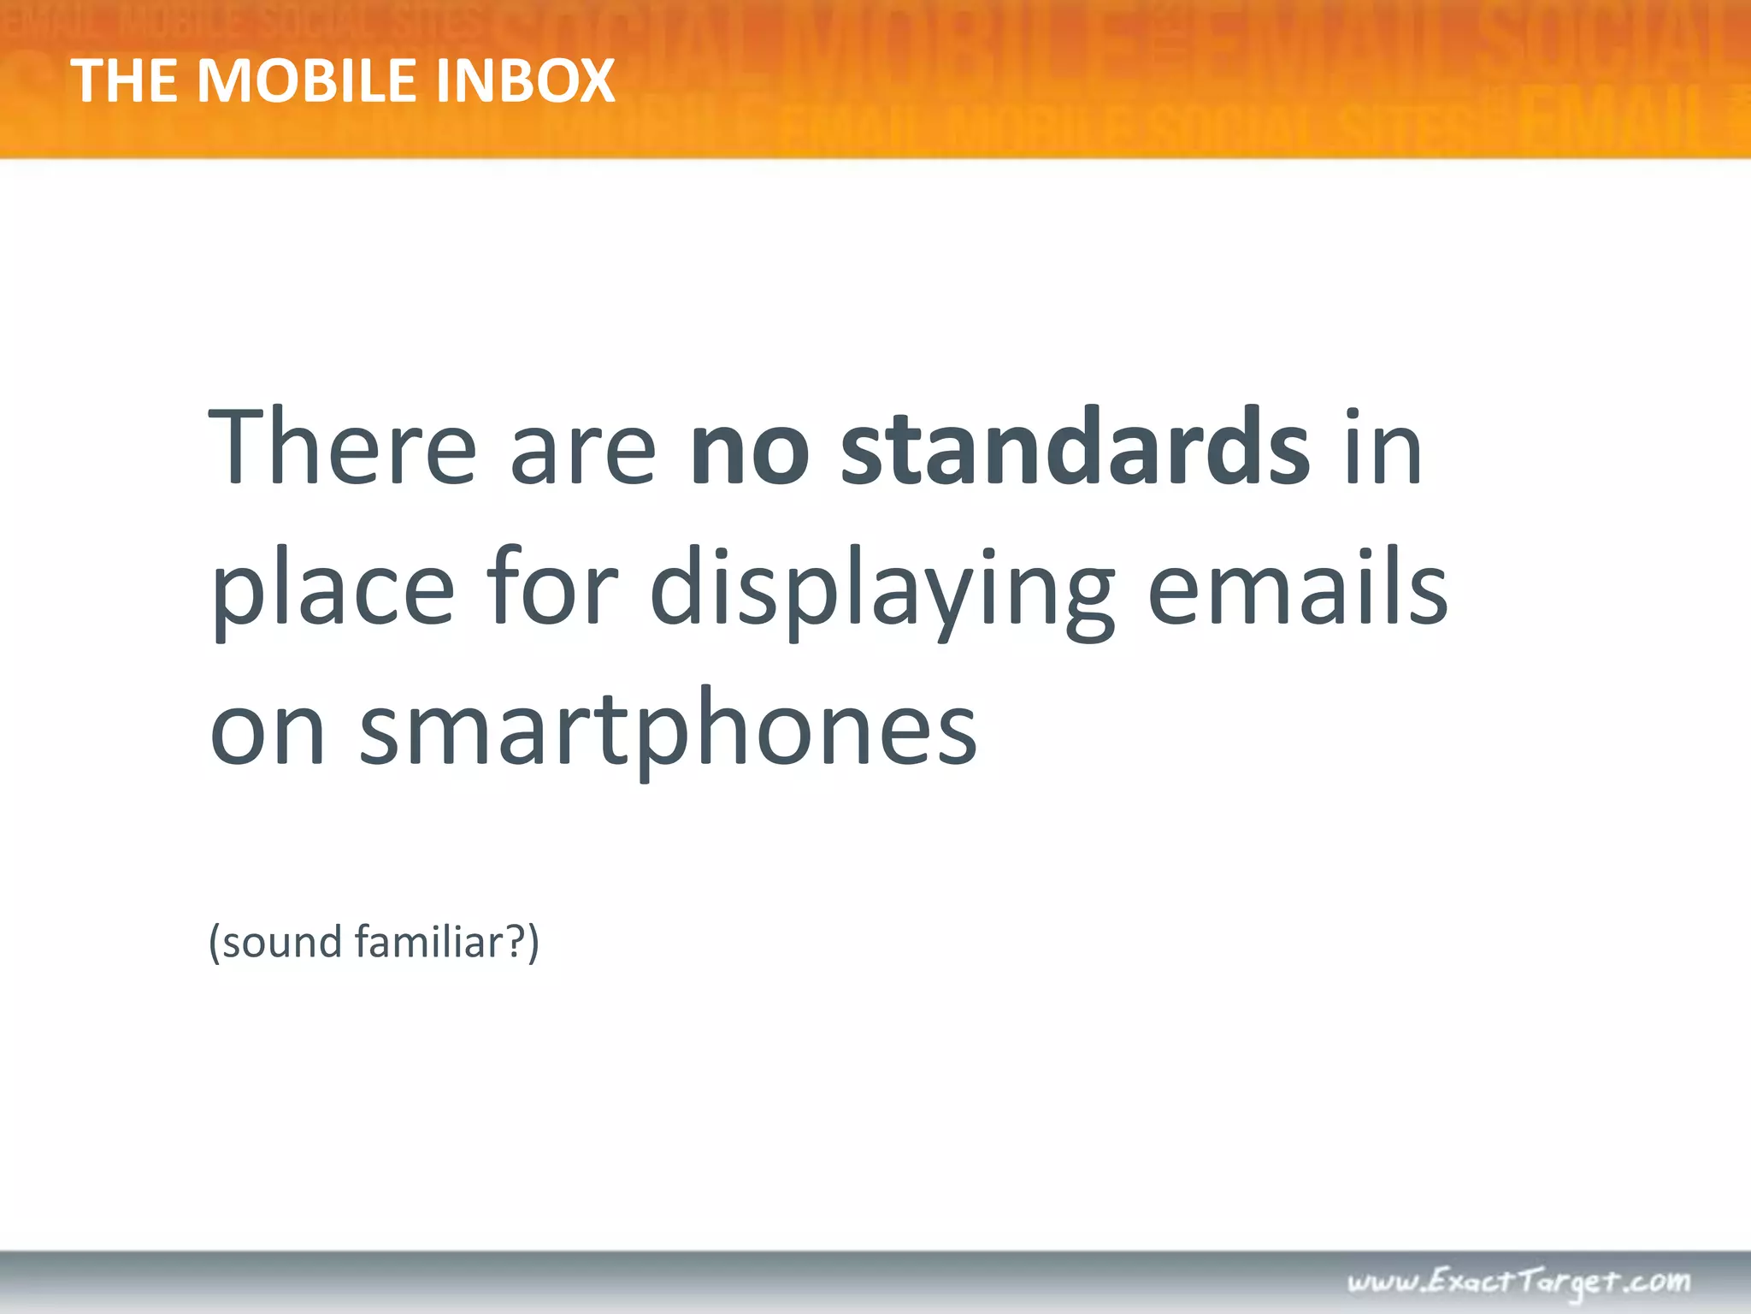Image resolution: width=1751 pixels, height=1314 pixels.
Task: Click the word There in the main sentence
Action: click(x=342, y=448)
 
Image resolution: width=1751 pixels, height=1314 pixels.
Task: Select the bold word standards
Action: click(x=1075, y=448)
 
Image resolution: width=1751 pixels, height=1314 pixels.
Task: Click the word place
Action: click(x=333, y=590)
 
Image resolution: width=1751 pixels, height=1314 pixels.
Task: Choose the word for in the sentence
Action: click(x=551, y=590)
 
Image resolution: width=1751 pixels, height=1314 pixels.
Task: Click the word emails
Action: click(x=1297, y=590)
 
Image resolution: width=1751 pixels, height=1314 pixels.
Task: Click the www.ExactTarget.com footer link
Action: click(x=1518, y=1281)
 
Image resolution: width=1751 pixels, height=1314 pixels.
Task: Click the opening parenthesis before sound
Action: click(x=215, y=943)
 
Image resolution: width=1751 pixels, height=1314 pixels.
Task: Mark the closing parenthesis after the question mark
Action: click(x=534, y=943)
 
